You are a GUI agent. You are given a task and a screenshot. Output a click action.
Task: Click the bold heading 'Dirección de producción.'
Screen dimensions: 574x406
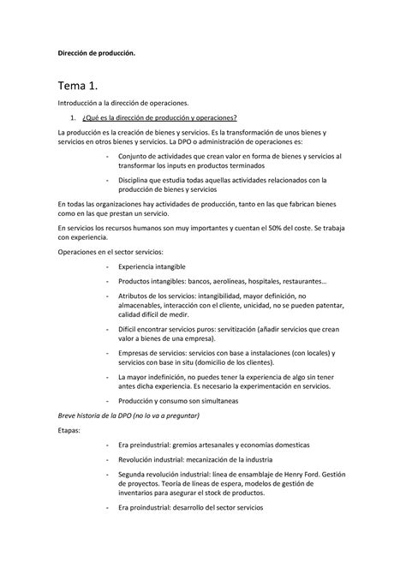point(96,53)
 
